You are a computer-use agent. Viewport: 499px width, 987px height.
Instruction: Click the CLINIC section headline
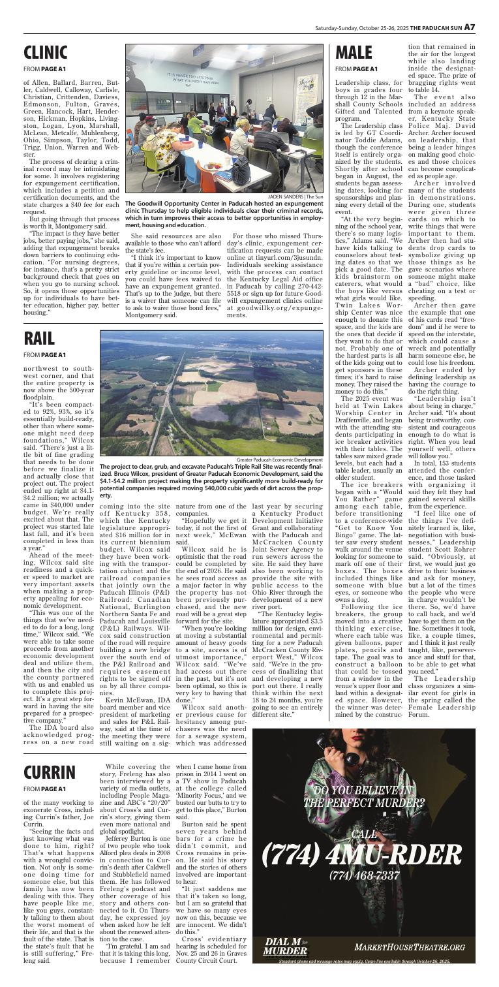coord(46,52)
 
